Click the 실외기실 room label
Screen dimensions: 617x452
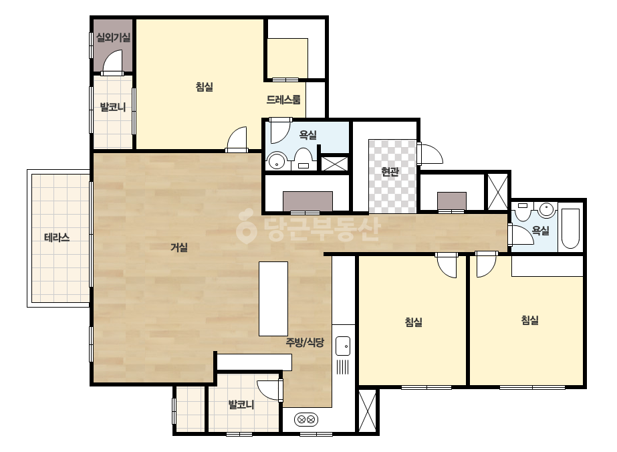114,38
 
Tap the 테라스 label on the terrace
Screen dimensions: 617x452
57,237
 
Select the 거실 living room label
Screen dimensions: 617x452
179,247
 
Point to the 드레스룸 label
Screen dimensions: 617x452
283,100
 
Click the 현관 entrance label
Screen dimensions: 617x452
390,172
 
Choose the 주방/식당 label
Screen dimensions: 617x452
305,342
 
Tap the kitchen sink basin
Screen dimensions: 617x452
343,346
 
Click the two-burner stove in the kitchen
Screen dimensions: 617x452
306,419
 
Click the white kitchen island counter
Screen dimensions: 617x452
273,298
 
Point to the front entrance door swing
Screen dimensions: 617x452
430,154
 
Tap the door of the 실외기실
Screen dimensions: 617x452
112,62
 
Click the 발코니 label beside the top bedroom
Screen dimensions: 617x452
112,107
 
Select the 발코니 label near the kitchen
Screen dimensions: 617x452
241,405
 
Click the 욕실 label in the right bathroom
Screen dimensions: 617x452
540,230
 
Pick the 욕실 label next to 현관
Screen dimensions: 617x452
307,135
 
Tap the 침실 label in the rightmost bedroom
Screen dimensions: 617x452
529,320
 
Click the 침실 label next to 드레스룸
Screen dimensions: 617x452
205,87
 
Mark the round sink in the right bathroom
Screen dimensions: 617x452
547,209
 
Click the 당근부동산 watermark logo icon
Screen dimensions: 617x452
246,227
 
